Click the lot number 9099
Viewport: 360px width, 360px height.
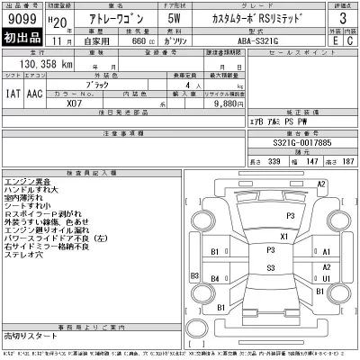(22, 18)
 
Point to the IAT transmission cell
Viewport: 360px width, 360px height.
(11, 92)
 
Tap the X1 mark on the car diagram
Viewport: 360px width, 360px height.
(283, 236)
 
